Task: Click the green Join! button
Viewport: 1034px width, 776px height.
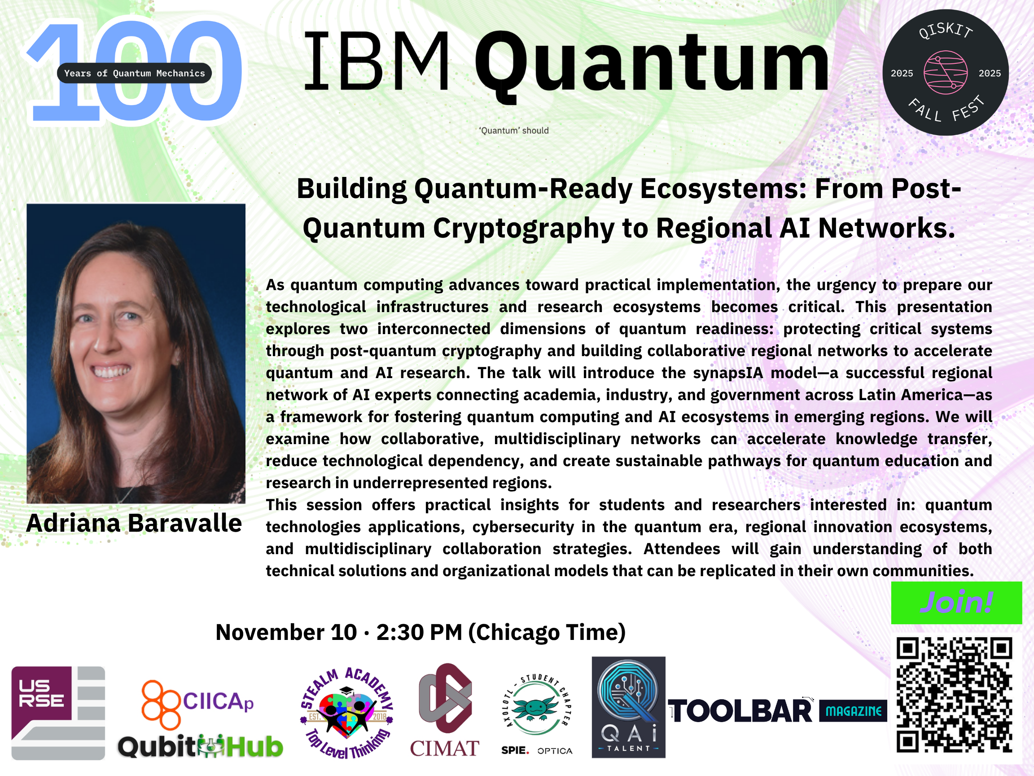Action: [x=956, y=603]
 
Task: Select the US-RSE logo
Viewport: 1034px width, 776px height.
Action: [x=58, y=713]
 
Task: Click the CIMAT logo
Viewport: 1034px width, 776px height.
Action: [x=445, y=710]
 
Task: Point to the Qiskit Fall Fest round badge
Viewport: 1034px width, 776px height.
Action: [x=946, y=72]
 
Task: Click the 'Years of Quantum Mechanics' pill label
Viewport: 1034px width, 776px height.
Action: [x=134, y=73]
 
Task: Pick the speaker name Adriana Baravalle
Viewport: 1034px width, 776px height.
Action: [x=134, y=523]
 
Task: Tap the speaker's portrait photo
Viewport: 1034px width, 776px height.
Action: [x=136, y=353]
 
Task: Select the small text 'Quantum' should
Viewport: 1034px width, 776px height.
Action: [x=514, y=131]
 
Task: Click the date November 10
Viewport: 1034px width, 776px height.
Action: [x=286, y=632]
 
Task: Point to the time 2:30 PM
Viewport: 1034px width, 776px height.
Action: [x=419, y=632]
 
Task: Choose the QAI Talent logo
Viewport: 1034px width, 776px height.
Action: [x=628, y=707]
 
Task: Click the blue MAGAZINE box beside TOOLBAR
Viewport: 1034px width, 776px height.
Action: [x=853, y=711]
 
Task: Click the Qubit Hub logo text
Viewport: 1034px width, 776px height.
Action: [x=201, y=746]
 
